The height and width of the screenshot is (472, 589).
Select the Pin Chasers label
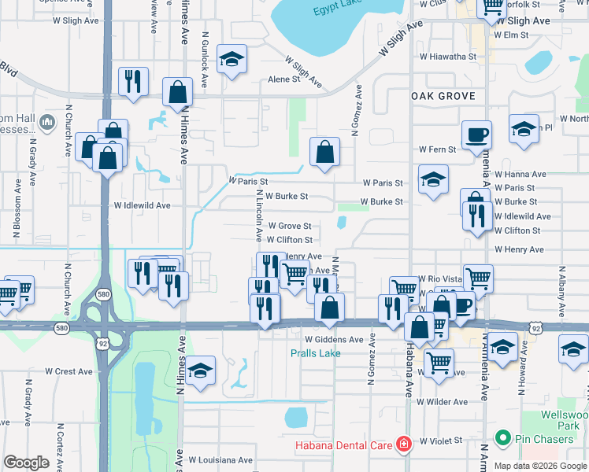[x=544, y=438]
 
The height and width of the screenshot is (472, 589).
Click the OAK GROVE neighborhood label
[x=443, y=95]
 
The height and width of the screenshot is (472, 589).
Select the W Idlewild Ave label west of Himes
[x=142, y=205]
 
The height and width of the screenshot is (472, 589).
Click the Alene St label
[x=284, y=79]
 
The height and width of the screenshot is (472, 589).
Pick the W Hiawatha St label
[x=448, y=57]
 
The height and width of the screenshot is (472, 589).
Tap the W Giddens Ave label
[x=334, y=340]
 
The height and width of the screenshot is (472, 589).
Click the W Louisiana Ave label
[x=220, y=460]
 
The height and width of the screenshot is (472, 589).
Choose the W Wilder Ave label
[x=443, y=402]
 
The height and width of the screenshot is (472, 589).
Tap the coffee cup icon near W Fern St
[x=476, y=135]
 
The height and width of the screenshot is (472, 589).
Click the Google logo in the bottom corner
[x=26, y=463]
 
